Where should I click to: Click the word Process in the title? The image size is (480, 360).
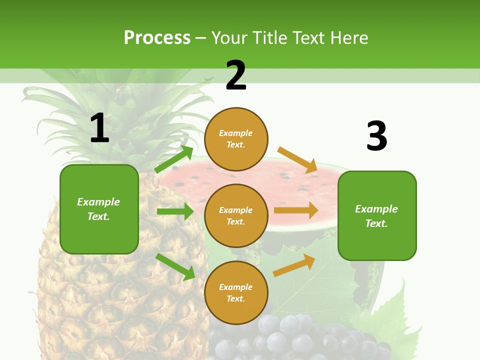click(157, 38)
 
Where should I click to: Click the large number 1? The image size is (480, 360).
click(99, 128)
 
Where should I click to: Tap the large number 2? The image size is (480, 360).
click(236, 75)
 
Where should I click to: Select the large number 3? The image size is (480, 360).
click(376, 136)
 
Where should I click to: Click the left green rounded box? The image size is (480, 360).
click(99, 209)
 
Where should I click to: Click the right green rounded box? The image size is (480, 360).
click(377, 216)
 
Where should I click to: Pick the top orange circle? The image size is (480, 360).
click(236, 139)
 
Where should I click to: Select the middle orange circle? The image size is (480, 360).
click(236, 215)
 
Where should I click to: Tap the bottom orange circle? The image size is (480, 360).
click(236, 292)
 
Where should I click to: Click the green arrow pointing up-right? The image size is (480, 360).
click(174, 159)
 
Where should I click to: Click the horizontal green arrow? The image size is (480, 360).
click(175, 211)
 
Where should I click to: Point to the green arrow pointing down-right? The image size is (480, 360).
click(175, 266)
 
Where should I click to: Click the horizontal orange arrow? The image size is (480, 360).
click(296, 210)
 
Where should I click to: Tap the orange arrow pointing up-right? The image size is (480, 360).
click(294, 265)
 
